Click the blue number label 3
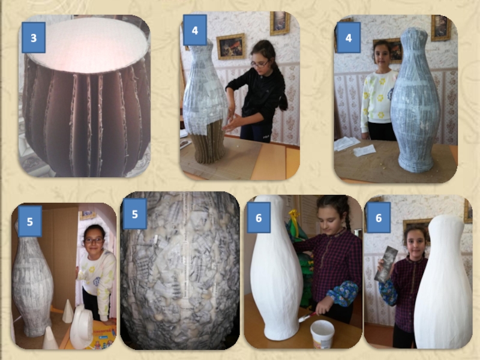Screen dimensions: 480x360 click(x=34, y=38)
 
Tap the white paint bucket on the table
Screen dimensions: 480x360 click(x=322, y=334)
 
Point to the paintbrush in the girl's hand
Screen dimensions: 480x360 click(x=307, y=317)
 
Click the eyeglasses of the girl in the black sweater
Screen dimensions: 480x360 click(x=260, y=64)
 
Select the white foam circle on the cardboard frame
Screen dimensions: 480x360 click(x=88, y=45)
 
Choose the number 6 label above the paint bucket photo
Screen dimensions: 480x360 click(x=259, y=218)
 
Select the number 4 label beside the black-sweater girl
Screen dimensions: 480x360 click(x=195, y=30)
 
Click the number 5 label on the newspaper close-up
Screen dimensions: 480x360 click(x=134, y=214)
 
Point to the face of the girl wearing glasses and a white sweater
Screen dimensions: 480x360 click(x=94, y=241)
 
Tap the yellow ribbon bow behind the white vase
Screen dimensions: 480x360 click(x=295, y=218)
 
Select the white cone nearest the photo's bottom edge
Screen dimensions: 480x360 click(x=50, y=338)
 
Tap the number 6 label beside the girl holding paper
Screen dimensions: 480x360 click(x=379, y=218)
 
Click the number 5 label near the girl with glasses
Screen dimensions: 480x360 click(x=29, y=221)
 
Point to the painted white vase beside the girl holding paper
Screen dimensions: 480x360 click(x=443, y=281)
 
